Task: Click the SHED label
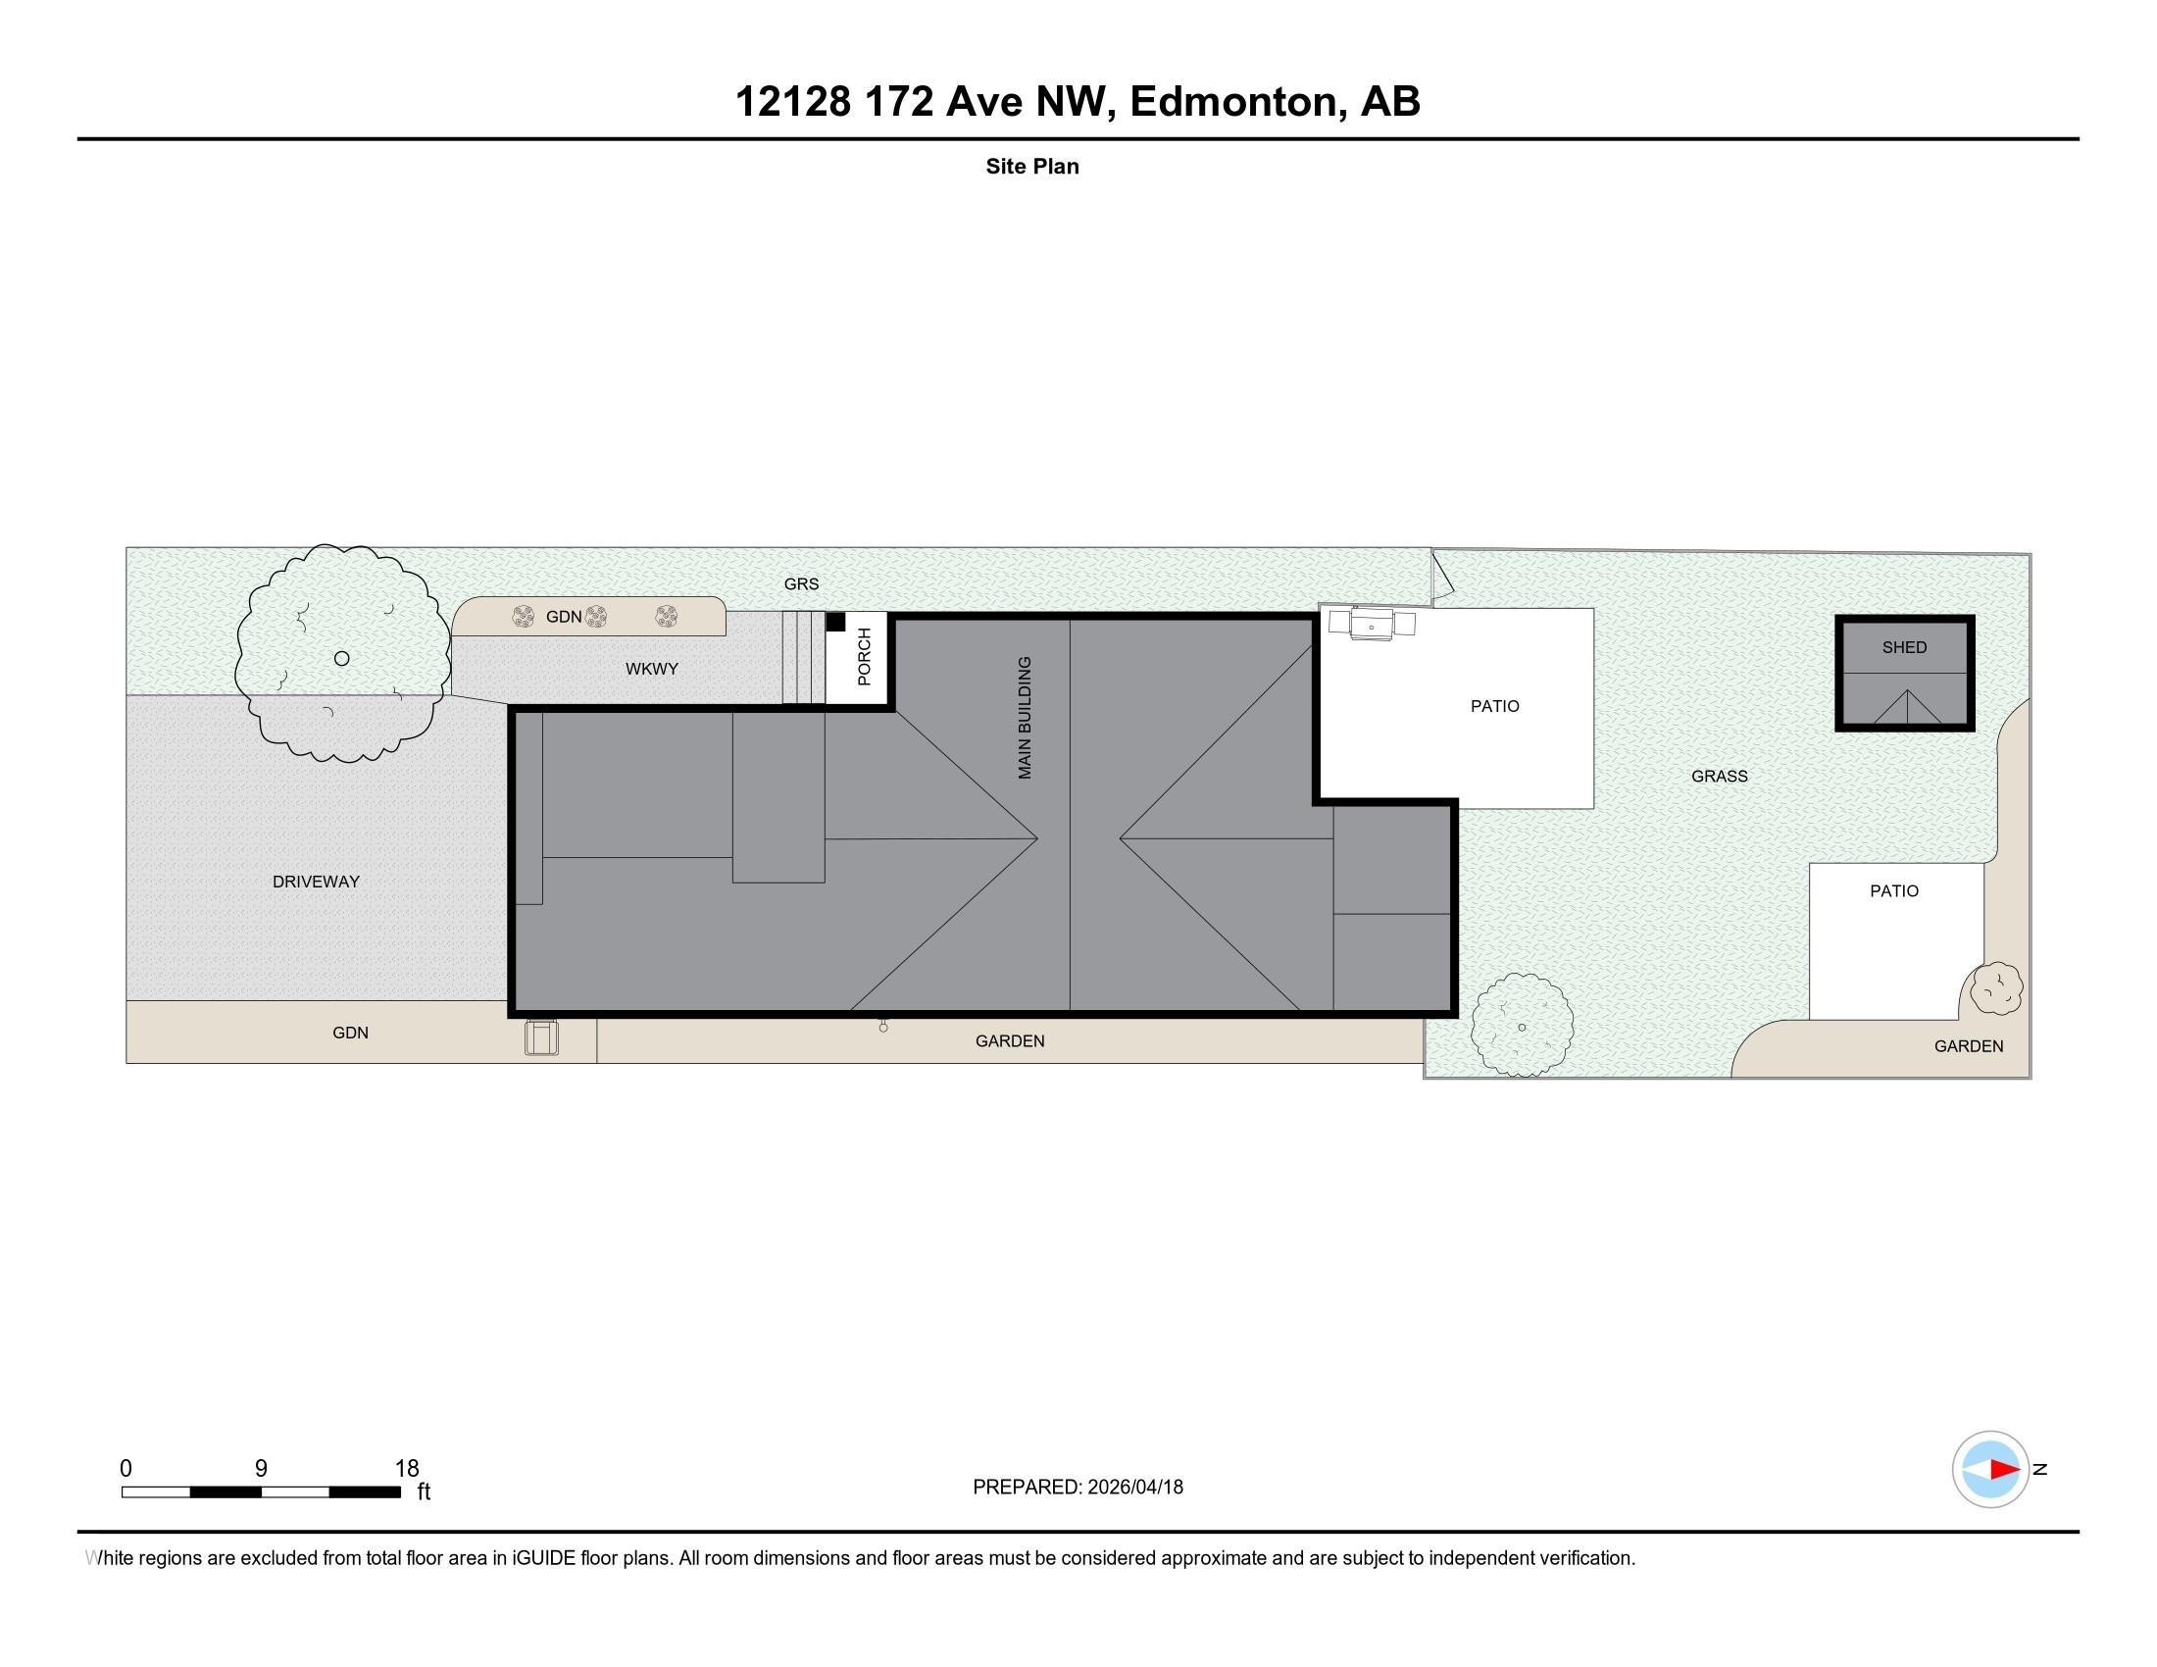1903,648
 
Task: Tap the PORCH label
864,657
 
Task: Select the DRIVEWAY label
316,882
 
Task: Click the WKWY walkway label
652,670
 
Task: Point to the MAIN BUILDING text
1026,718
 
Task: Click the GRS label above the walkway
801,584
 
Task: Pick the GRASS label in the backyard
1719,777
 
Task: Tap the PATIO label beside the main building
1494,706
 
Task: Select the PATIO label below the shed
1893,890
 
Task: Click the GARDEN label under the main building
1009,1040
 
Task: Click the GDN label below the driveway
351,1033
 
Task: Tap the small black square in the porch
835,622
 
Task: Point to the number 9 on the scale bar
261,1469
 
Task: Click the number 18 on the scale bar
407,1469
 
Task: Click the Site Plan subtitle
1032,167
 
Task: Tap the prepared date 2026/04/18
1134,1488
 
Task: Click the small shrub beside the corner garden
1996,988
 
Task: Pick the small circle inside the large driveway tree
342,659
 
